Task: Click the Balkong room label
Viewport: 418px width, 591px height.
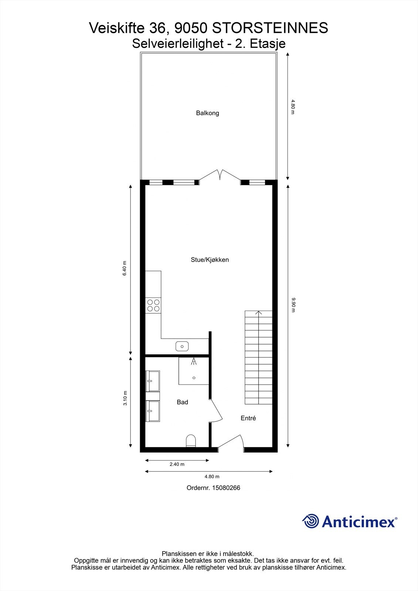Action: point(207,113)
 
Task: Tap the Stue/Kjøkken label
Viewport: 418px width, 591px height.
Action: point(210,260)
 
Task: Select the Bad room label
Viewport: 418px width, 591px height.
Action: point(182,402)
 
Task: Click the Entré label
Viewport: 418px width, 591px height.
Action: point(248,418)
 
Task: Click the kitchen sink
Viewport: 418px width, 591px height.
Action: point(182,346)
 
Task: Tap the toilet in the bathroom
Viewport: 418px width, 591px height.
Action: point(191,440)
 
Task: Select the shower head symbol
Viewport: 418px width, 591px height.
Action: point(194,361)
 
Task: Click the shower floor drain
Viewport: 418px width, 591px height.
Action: point(194,378)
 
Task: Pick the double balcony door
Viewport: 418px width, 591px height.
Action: point(220,175)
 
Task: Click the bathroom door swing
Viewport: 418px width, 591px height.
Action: point(216,410)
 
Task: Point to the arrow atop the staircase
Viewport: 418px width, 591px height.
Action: point(259,313)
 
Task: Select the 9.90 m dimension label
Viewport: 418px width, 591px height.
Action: point(293,305)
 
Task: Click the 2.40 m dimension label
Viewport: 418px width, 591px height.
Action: point(177,464)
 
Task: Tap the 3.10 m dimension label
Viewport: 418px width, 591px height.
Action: point(125,398)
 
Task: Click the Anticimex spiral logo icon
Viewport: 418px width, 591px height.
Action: point(310,521)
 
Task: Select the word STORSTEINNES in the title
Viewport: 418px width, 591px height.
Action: point(270,28)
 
